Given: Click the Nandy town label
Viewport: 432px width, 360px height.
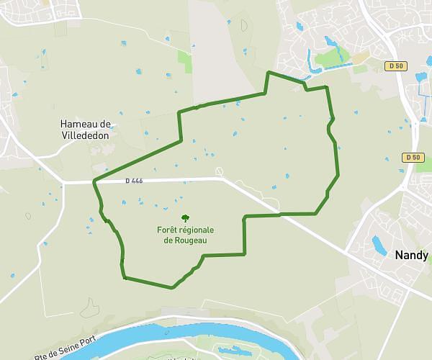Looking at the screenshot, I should (411, 255).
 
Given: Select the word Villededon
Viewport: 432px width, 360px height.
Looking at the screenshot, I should (85, 134).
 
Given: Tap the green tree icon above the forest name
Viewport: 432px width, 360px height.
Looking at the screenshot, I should (186, 217).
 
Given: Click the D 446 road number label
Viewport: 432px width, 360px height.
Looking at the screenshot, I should (133, 181).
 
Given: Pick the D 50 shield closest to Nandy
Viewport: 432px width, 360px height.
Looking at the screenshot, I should (412, 158).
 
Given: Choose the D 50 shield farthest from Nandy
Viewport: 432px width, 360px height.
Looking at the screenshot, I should (396, 66).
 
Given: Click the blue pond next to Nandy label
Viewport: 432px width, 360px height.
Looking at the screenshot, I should (378, 245).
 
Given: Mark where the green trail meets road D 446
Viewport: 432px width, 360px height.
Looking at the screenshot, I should (94, 181).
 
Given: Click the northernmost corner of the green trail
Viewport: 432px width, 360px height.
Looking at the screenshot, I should (269, 72).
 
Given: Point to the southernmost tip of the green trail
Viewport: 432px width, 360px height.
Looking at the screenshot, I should (172, 288).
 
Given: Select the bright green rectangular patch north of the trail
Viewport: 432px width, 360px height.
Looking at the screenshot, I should (185, 62).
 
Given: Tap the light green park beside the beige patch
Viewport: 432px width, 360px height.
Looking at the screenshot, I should (332, 58).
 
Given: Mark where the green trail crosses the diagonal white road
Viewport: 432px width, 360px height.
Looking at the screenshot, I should (279, 215).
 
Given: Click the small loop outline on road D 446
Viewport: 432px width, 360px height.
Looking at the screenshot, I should (220, 172).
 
